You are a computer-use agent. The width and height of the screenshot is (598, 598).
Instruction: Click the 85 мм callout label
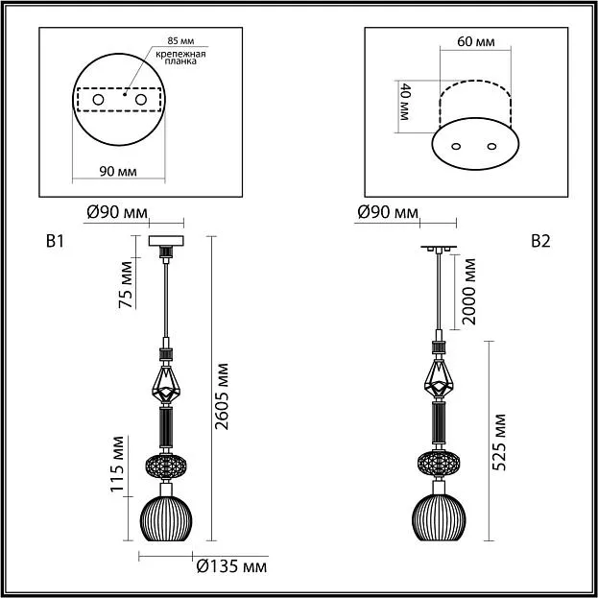coord(180,41)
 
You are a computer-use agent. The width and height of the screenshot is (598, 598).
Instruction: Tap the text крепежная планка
coord(180,58)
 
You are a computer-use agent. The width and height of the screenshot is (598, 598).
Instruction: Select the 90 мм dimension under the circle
coord(118,172)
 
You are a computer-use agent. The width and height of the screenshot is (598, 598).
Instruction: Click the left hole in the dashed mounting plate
coord(98,100)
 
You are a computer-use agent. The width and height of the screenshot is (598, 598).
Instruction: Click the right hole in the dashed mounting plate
coord(141,100)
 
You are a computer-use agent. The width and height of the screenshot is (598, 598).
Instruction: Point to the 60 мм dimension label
coord(475,41)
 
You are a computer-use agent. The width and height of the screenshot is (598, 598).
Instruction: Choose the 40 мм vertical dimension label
coord(404,102)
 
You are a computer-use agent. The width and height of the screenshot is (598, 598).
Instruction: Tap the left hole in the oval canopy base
coord(456,147)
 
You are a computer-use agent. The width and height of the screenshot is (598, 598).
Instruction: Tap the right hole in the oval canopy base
coord(492,147)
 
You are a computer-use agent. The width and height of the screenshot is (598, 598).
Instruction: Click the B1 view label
coord(55,242)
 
